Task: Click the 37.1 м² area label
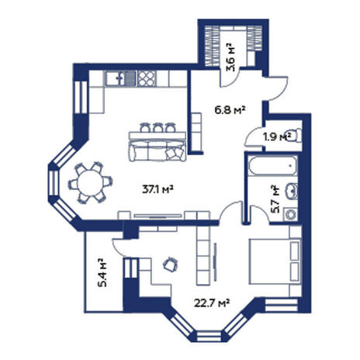coord(157,189)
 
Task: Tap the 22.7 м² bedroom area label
coord(212,303)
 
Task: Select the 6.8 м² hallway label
coord(230,110)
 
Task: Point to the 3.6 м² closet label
coord(230,57)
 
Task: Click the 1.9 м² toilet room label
coord(277,137)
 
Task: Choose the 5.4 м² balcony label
coord(102,272)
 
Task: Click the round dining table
coord(90,183)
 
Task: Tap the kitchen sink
coord(120,78)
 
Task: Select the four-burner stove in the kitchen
coord(147,78)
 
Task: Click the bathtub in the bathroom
coord(272,166)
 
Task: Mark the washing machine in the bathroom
coord(290,214)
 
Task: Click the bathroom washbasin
coord(292,191)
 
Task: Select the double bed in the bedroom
coord(275,261)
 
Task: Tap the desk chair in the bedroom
coord(171,265)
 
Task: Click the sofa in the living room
coord(157,151)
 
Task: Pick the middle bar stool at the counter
coord(157,127)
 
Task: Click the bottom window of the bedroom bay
coord(209,336)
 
